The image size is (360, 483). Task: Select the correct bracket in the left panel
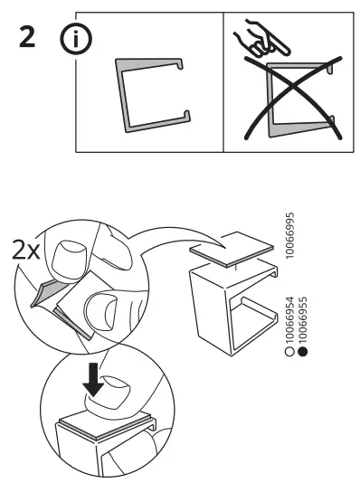tap(149, 94)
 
